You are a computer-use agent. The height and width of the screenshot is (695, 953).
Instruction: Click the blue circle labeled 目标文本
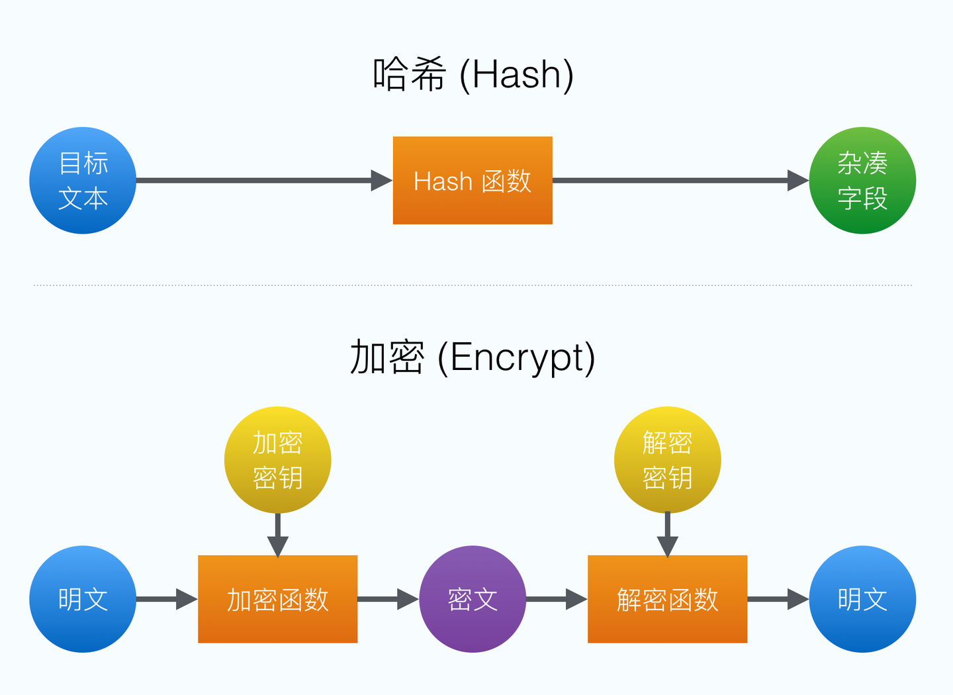tap(83, 181)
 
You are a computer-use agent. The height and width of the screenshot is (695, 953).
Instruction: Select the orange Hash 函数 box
tap(473, 181)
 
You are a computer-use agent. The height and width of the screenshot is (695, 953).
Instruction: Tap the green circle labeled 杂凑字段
tap(862, 181)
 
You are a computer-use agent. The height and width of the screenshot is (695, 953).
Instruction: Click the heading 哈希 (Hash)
tap(473, 74)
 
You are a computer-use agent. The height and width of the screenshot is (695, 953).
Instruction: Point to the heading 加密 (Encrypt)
tap(473, 357)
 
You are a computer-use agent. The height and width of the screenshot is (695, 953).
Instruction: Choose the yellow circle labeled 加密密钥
tap(277, 460)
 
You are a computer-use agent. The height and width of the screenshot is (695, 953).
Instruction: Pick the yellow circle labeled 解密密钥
tap(667, 460)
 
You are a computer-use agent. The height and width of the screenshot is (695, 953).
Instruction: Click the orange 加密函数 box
tap(277, 599)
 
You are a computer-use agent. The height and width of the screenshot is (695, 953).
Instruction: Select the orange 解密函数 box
tap(667, 599)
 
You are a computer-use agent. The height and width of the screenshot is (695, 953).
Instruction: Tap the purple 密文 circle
tap(473, 599)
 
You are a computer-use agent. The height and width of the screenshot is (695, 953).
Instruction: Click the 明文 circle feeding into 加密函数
tap(83, 599)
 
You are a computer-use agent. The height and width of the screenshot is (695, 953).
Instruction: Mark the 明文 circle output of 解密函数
tap(862, 599)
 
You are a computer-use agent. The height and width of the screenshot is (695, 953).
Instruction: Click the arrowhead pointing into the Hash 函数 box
tap(381, 181)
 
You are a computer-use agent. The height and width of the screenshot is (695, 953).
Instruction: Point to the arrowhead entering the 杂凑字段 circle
tap(797, 181)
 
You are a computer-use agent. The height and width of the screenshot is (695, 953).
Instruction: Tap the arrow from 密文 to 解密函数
tap(557, 599)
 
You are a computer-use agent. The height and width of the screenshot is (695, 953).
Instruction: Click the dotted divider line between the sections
tap(473, 285)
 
